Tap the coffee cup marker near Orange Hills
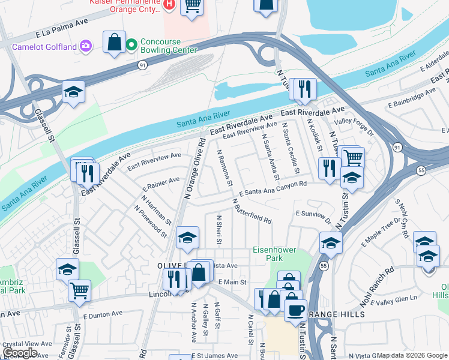[x=295, y=310]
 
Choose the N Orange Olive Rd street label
[x=196, y=169]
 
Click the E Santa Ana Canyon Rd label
[x=273, y=189]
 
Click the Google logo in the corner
[x=20, y=353]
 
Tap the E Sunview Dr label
[x=313, y=215]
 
